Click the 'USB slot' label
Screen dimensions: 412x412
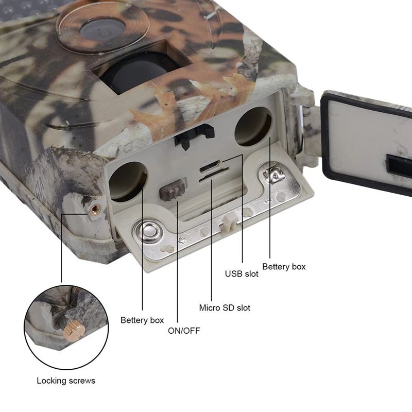point(242,274)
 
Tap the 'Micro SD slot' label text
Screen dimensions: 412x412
point(225,307)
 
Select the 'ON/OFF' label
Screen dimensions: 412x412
point(184,331)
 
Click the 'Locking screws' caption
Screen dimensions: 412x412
point(66,381)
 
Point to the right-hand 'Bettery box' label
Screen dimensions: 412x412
point(284,267)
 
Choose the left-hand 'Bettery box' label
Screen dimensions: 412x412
point(142,320)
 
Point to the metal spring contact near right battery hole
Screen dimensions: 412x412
point(273,174)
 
